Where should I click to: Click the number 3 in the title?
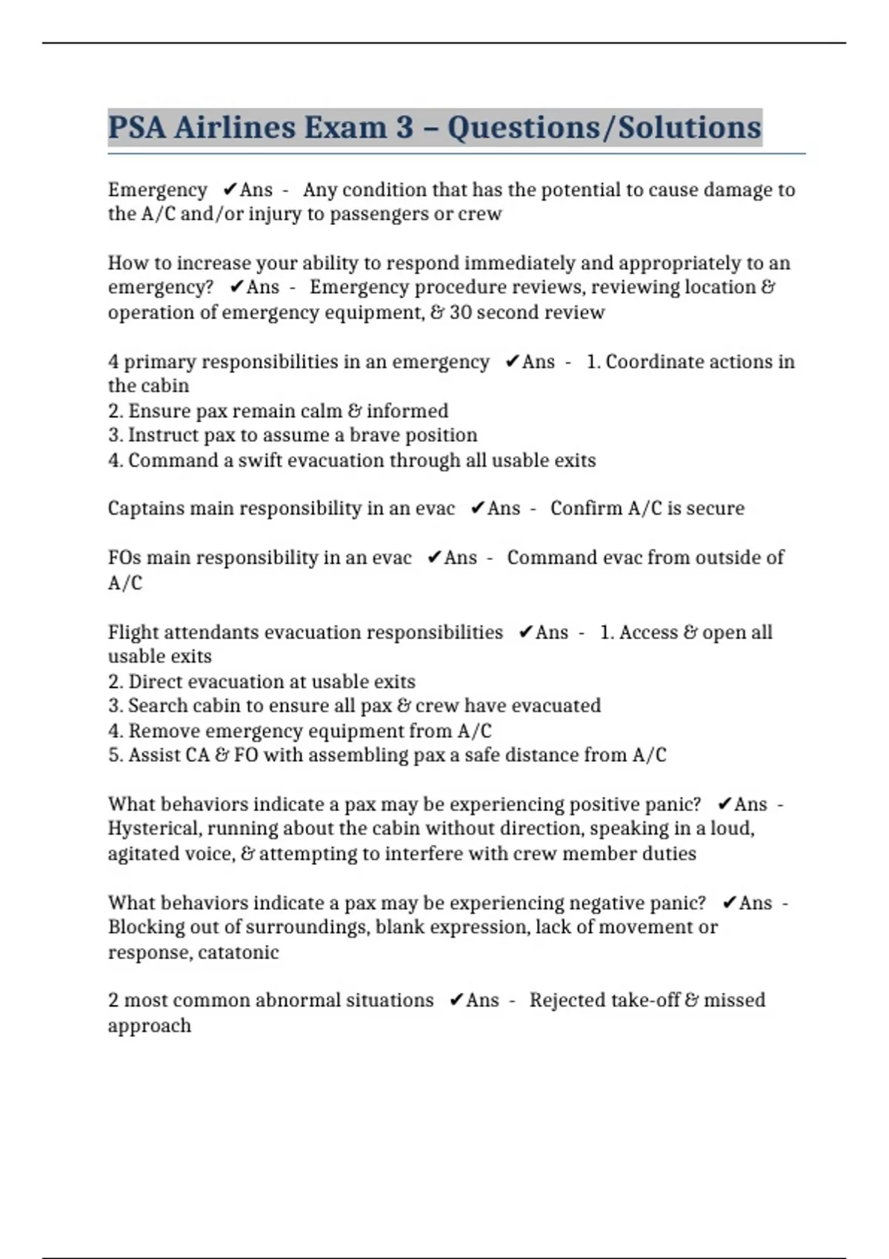click(x=404, y=127)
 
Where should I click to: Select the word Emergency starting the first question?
click(x=157, y=190)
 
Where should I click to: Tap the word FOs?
click(x=124, y=558)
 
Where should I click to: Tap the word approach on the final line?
click(x=149, y=1026)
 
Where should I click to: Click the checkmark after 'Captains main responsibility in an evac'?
click(x=478, y=509)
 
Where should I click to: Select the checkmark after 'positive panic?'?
click(x=725, y=804)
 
